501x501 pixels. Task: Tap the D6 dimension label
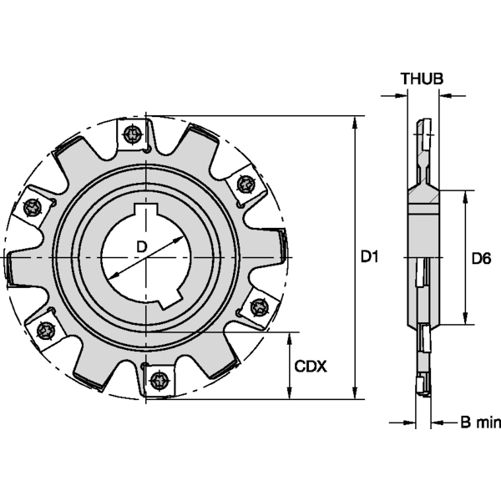480,258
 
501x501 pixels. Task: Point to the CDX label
311,366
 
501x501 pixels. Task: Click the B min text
478,423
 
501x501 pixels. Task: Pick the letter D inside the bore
142,246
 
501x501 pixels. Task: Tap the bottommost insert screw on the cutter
157,382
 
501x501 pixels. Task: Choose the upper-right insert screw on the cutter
245,183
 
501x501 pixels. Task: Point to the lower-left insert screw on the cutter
46,331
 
